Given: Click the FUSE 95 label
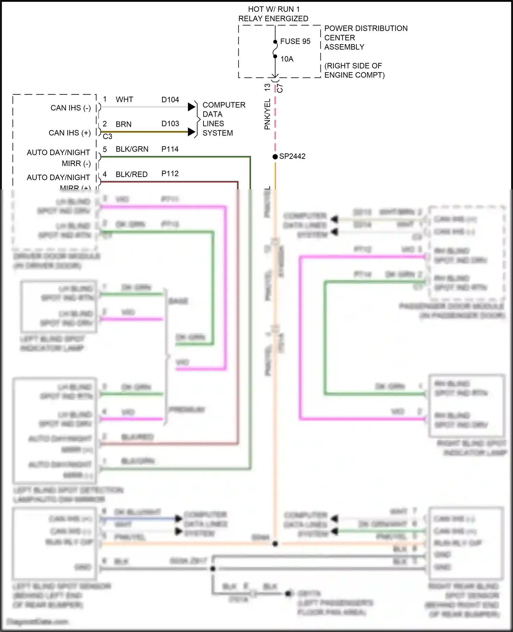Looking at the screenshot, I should (295, 41).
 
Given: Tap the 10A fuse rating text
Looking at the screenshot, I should (287, 59).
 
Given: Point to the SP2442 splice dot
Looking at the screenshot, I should (275, 156).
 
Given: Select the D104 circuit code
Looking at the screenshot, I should (170, 100).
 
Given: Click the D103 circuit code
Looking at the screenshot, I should (170, 124).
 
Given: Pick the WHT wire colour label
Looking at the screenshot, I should (124, 100).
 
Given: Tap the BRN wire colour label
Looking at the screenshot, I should (123, 124).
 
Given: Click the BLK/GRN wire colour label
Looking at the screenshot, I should (132, 149).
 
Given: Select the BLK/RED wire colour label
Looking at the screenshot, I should (132, 174).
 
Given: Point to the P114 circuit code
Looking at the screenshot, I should (170, 149).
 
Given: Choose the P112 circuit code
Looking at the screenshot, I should (170, 174).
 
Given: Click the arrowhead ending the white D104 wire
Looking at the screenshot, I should (192, 107).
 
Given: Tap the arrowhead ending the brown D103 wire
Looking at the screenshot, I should (192, 132).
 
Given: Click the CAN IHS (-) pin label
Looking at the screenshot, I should (70, 108).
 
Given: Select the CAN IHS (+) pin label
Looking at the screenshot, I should (70, 133).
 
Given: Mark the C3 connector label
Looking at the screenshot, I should (107, 137).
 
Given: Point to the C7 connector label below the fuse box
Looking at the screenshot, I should (280, 88).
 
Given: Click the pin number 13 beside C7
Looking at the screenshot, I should (267, 87).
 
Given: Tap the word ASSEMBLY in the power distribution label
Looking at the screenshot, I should (344, 47).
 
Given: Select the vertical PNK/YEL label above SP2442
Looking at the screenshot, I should (267, 114).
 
